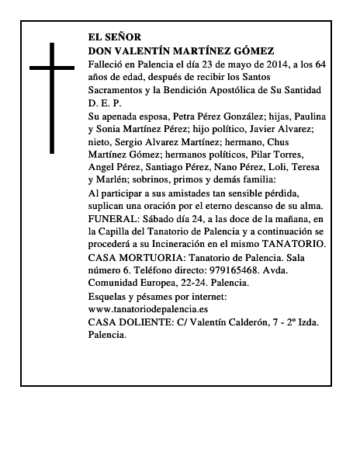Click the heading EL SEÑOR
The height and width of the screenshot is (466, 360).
(114, 37)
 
